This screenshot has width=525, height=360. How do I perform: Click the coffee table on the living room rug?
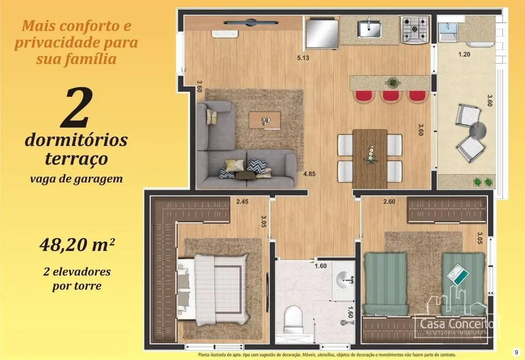point(265,120)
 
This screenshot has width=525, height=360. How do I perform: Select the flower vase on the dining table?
point(369,154)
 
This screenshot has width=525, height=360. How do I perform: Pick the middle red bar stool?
point(390,96)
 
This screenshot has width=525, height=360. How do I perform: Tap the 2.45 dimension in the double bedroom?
point(242,202)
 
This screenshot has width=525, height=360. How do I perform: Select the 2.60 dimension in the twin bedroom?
point(389,202)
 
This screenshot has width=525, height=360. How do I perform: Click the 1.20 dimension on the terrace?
point(464,54)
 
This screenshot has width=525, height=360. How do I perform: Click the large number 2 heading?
point(76,109)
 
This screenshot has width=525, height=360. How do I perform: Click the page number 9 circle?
point(516,352)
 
